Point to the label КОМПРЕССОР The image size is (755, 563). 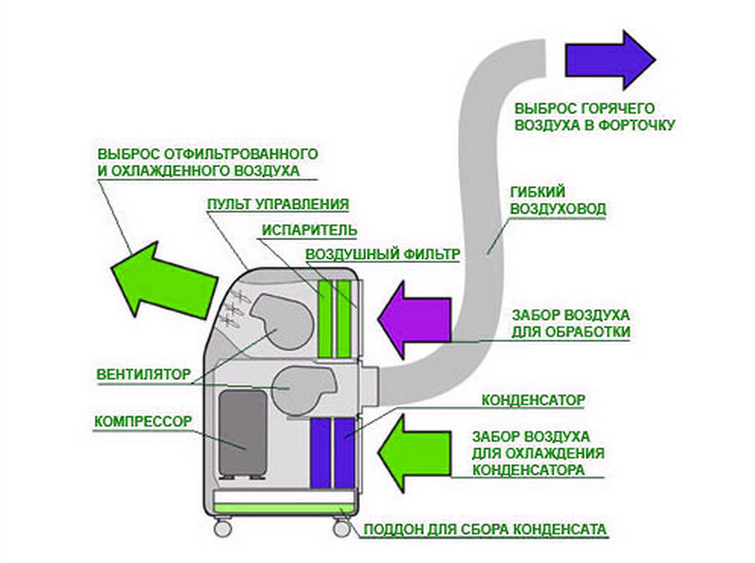[143, 420]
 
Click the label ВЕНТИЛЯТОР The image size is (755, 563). [143, 373]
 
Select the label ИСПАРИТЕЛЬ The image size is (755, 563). [308, 230]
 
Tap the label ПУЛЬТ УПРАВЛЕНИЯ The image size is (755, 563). [278, 204]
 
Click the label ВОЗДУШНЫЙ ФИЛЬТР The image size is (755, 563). [383, 255]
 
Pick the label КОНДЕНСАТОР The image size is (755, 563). [532, 400]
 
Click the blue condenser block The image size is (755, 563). [333, 452]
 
